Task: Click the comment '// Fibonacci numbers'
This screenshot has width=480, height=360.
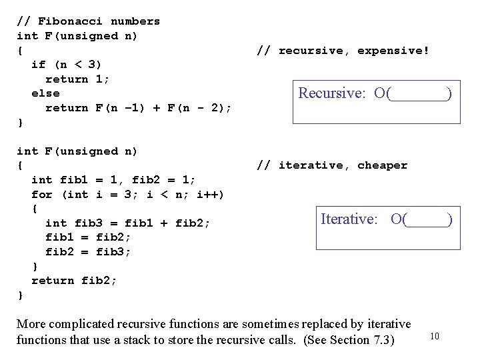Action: [x=88, y=21]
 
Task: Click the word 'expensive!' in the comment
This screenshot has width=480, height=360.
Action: [x=393, y=51]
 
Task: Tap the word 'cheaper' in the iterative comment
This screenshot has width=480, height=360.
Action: [x=382, y=165]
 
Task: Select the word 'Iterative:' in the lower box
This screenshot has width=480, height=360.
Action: [x=353, y=219]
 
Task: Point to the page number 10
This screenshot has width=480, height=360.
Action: [x=435, y=336]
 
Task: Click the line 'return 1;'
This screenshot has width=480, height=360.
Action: [x=77, y=79]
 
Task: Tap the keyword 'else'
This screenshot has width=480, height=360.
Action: [x=45, y=93]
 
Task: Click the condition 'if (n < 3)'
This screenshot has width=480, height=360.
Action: [x=67, y=65]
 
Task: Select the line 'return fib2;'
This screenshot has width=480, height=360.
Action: [x=73, y=281]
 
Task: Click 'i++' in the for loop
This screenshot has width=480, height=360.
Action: [x=210, y=195]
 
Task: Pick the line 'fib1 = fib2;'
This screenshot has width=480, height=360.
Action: [x=88, y=237]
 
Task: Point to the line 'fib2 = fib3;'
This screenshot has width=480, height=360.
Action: [x=88, y=252]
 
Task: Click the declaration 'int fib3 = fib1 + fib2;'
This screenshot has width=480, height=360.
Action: [x=127, y=223]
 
